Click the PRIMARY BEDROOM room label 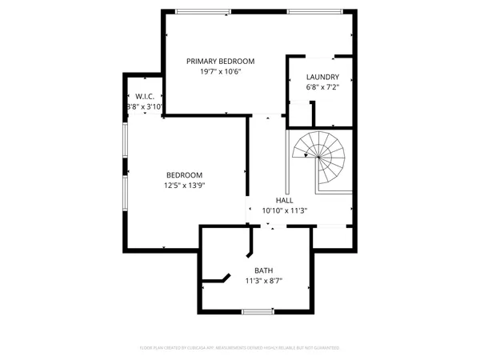click(220, 61)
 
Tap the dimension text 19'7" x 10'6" click(220, 71)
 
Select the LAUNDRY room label click(322, 77)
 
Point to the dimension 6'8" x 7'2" click(322, 87)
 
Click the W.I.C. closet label click(145, 96)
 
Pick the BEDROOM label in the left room click(184, 175)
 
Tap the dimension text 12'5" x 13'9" click(184, 186)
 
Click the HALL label click(284, 200)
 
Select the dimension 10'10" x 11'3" click(284, 210)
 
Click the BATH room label click(263, 270)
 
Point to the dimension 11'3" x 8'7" click(263, 281)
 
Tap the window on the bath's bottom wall click(258, 310)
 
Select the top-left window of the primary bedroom click(200, 11)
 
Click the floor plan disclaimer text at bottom click(240, 348)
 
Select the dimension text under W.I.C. click(145, 106)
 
